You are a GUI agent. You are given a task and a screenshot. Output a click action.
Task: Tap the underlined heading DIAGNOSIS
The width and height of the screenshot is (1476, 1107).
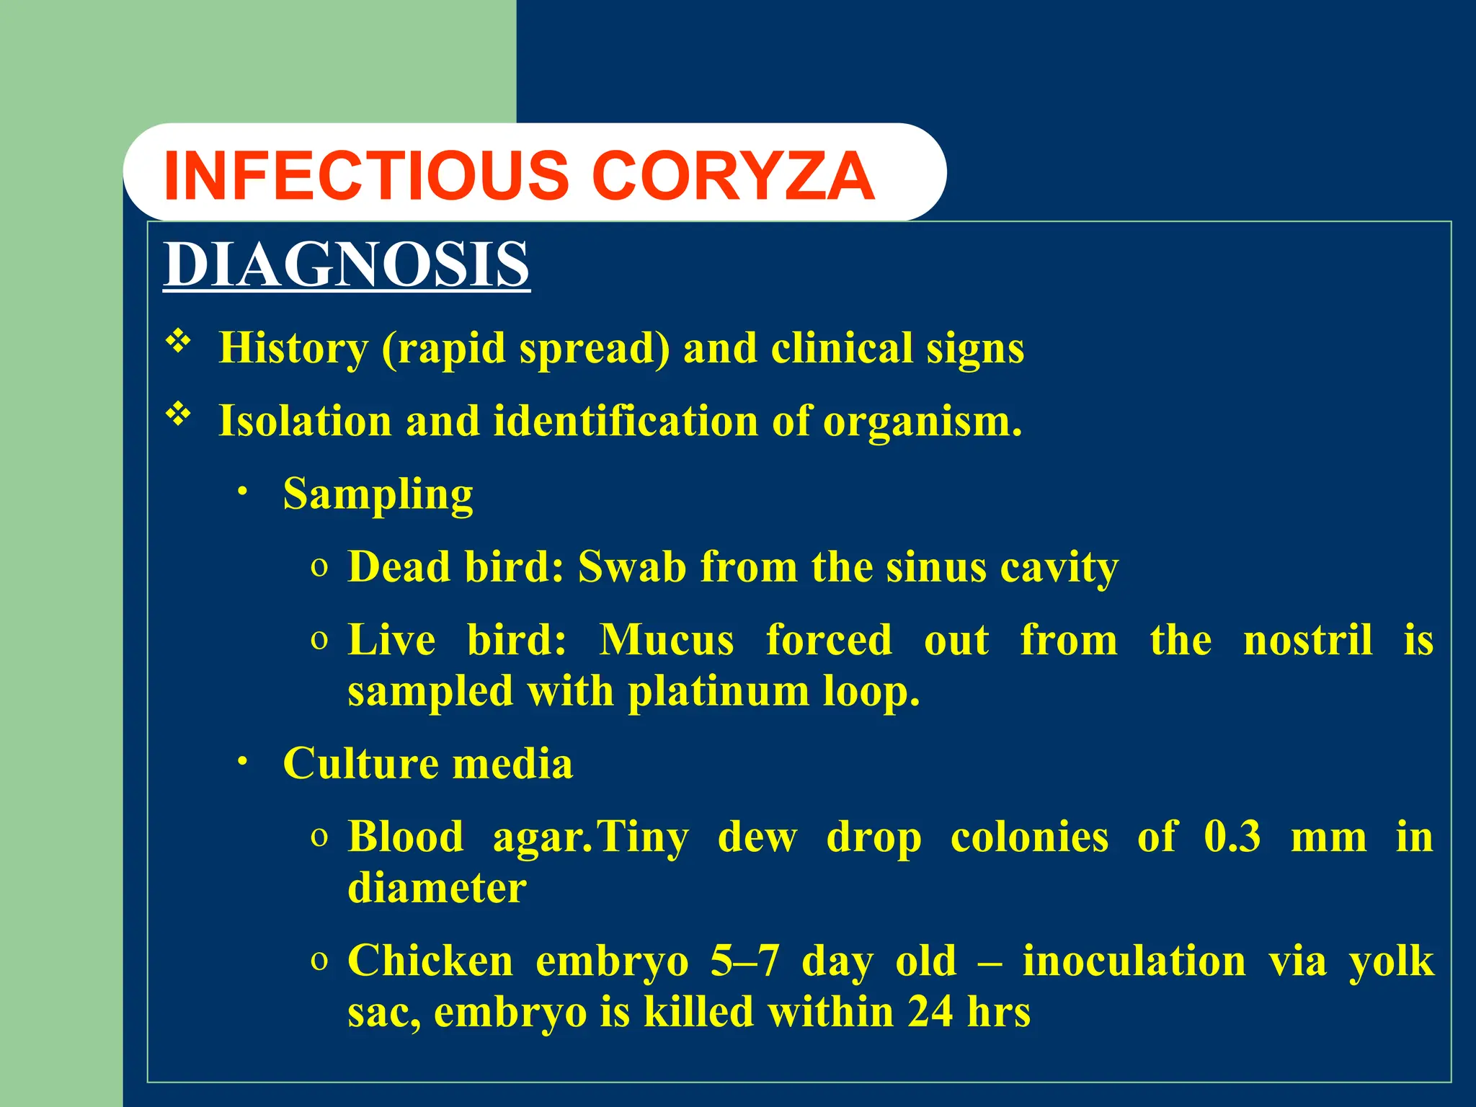347,264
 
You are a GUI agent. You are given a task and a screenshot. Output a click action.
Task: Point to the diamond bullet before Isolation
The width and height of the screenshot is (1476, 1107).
178,414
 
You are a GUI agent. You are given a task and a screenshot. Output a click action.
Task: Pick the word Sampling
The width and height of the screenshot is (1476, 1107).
378,494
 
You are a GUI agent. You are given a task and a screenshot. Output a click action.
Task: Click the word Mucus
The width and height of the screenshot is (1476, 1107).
667,639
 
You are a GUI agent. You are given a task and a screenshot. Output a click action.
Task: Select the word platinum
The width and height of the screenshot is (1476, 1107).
718,691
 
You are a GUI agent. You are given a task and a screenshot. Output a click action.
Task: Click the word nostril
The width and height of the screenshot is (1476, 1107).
1307,639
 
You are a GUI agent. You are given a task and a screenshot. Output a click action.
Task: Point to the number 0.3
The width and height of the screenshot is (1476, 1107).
1232,837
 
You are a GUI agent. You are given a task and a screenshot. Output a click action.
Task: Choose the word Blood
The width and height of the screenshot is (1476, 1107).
406,837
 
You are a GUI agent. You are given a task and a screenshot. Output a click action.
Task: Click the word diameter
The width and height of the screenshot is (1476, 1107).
437,888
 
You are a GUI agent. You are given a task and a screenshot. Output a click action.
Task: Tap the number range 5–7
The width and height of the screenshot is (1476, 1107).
744,961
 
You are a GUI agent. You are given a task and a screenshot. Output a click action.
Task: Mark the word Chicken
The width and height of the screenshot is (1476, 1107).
430,961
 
